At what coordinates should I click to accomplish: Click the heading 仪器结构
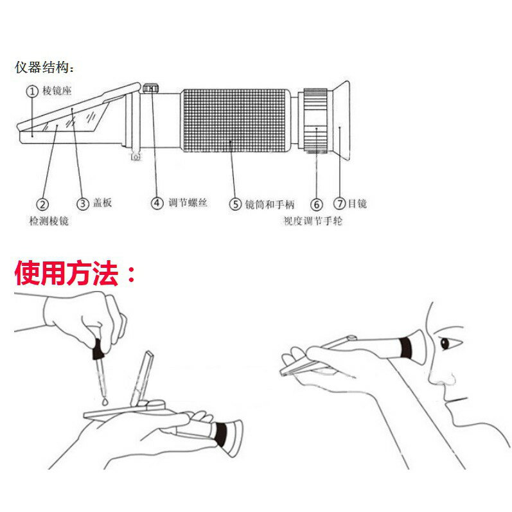point(44,67)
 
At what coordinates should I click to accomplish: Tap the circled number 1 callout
point(31,91)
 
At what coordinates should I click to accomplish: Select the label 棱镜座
point(58,91)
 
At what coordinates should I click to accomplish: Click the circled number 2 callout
point(42,204)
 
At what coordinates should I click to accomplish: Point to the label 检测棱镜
point(49,221)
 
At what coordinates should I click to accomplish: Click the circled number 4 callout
point(157,203)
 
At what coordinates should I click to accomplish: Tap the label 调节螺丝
point(188,203)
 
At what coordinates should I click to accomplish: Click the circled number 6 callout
point(317,204)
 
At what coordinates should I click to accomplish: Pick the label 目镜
point(357,204)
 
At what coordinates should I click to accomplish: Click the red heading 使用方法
point(75,274)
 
